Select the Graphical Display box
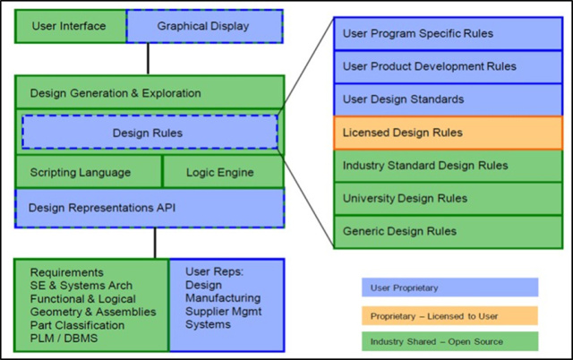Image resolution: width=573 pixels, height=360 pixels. (x=204, y=25)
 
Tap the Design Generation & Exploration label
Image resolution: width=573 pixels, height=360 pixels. (x=115, y=93)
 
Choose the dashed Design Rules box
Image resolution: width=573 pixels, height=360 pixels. (x=150, y=133)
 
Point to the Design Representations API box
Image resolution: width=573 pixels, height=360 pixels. (x=150, y=207)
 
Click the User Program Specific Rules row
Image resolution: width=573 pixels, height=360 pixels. (x=448, y=34)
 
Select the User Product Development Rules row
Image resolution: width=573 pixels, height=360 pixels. (x=448, y=66)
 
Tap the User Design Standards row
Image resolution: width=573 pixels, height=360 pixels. (x=448, y=99)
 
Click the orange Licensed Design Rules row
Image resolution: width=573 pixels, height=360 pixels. (x=448, y=133)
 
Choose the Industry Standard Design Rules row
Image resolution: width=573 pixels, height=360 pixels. (x=448, y=166)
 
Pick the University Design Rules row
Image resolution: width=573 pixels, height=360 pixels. (x=448, y=198)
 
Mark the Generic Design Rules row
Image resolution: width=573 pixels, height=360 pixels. (x=448, y=231)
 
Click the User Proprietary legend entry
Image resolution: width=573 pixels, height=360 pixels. (x=449, y=287)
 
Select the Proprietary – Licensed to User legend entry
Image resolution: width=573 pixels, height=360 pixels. (x=449, y=315)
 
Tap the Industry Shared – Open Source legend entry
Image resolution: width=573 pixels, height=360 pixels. (x=449, y=341)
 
